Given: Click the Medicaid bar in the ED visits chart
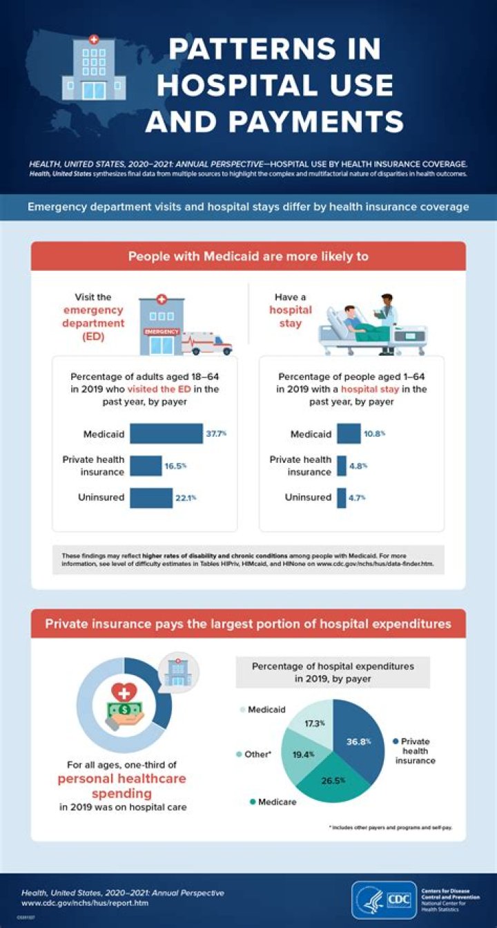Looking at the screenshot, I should coord(166,433).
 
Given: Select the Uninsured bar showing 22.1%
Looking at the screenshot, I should coord(150,498).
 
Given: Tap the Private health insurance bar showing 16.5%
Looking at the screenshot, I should coord(145,466).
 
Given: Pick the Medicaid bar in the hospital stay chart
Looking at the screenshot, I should coord(349,434).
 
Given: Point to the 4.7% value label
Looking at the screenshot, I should coord(357,498).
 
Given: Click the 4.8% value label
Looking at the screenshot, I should coord(358,466).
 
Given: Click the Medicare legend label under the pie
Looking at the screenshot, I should coord(277,802).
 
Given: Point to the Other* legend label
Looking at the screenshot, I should coord(257,754).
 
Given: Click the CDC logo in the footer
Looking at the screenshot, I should coord(384,900).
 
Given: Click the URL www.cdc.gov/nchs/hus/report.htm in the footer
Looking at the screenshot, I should coord(85,902).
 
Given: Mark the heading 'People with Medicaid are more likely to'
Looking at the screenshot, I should coord(248,256).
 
